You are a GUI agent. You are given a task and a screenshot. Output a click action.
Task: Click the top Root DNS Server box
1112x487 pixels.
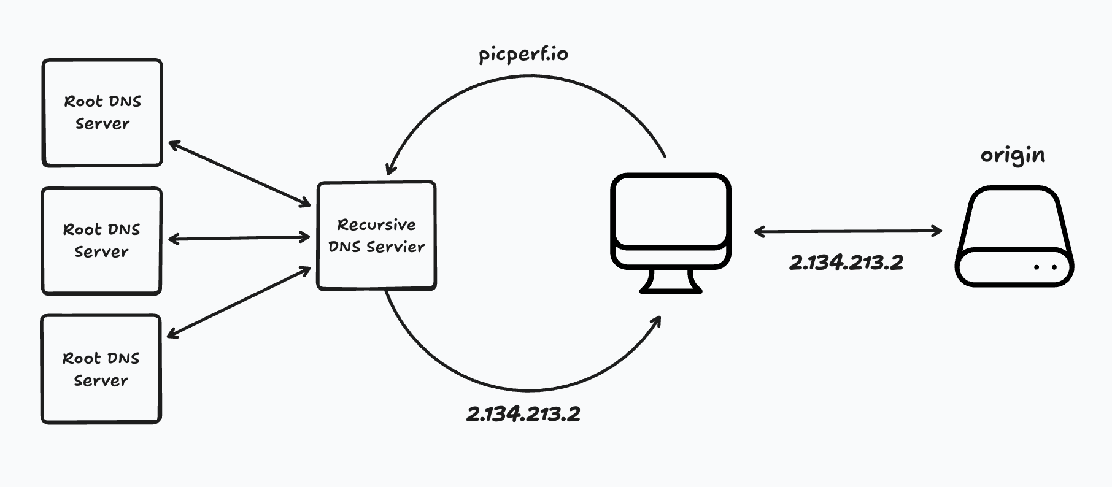tap(102, 113)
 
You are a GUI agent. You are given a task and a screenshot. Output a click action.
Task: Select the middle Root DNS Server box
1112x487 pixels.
tap(101, 241)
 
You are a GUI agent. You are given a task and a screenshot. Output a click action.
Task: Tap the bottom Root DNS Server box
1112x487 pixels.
tap(101, 369)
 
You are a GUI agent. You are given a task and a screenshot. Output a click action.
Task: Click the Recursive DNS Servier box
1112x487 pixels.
tap(376, 236)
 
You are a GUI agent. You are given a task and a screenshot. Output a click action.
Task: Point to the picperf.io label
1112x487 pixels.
tap(523, 55)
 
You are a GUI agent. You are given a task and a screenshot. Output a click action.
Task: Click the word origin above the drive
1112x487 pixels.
tap(1013, 155)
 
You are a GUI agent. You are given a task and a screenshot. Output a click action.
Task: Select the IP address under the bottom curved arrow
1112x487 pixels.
tap(523, 414)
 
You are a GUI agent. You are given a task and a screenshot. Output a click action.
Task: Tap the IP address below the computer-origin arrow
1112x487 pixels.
tap(846, 263)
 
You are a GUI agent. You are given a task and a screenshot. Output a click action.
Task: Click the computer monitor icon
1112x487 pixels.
tap(671, 221)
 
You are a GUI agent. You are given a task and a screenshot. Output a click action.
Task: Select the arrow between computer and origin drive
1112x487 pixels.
tap(848, 231)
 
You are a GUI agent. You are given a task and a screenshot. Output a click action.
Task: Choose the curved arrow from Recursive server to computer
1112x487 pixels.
tap(528, 389)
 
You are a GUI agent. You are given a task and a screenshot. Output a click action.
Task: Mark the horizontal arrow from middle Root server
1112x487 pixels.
tap(239, 238)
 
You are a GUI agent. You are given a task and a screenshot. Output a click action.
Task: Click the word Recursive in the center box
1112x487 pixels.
tap(376, 225)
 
